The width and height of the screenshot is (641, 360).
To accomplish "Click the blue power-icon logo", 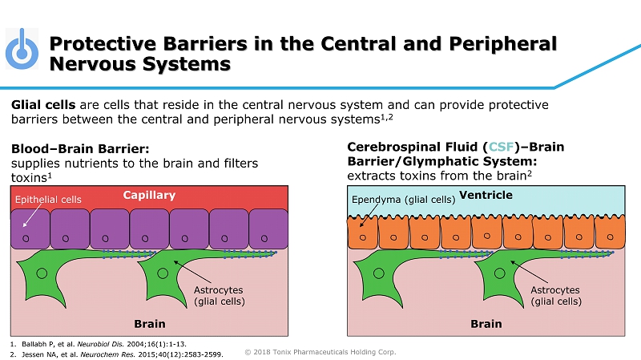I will (22, 51).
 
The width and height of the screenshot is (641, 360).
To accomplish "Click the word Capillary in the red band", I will (149, 195).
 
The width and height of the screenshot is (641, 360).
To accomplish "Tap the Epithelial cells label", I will (48, 198).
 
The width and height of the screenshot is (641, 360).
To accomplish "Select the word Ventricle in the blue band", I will (486, 195).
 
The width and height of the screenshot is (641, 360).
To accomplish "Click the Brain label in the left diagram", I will (150, 324).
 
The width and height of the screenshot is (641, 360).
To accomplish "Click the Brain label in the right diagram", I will (486, 324).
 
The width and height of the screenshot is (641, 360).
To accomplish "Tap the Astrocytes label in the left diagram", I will (219, 295).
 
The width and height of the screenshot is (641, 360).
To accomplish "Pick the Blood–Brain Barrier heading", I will (80, 148).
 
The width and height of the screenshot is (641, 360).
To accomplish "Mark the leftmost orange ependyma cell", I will (363, 233).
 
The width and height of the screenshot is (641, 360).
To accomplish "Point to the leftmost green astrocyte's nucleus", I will (42, 273).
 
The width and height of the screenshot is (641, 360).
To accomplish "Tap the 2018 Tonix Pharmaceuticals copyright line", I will (320, 351).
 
